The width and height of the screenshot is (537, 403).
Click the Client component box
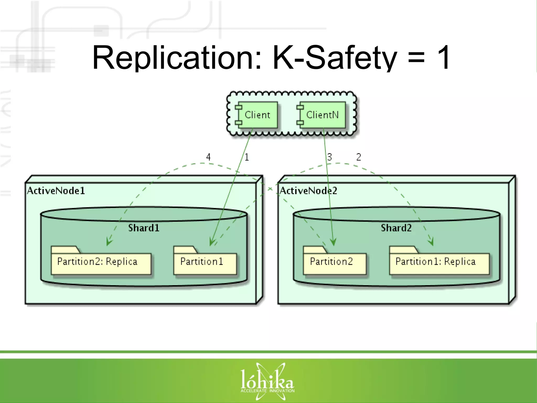click(257, 115)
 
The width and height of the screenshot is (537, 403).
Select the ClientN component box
click(322, 115)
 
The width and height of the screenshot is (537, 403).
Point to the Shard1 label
click(144, 228)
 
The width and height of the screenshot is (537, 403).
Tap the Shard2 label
click(396, 228)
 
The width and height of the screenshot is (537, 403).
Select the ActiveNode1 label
click(56, 191)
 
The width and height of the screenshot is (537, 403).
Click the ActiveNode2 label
click(308, 191)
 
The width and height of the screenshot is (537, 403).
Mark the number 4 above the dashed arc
click(208, 157)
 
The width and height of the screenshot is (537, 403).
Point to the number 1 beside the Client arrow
click(247, 157)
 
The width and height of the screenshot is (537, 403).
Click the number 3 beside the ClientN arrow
click(330, 157)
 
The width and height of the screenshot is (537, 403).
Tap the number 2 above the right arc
click(359, 157)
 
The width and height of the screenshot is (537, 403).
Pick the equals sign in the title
click(416, 58)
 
